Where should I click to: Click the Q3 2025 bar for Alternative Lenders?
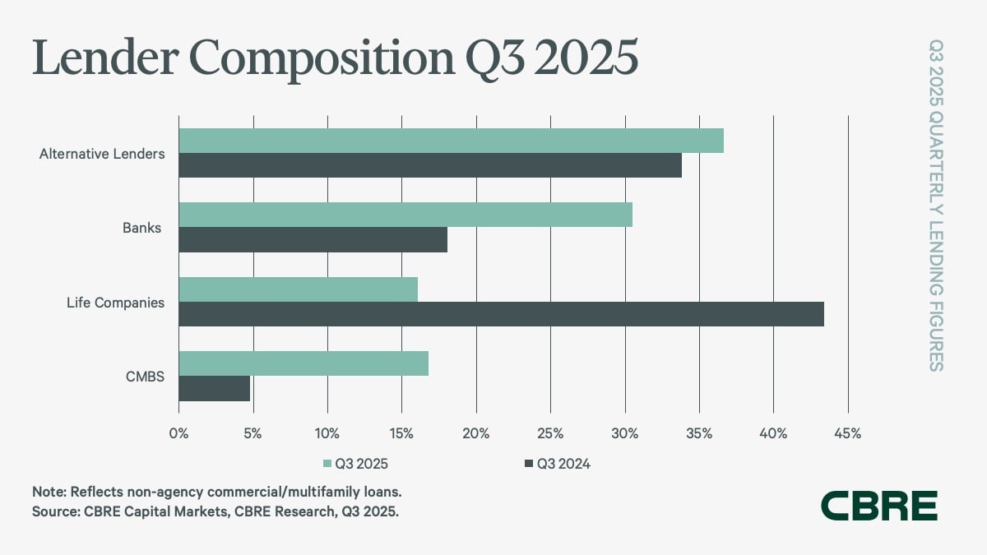coord(451,141)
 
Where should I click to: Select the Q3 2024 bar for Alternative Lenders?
coord(430,165)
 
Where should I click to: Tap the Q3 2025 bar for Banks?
coord(405,215)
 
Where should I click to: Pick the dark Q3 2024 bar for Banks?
coord(313,239)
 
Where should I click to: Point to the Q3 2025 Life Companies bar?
coord(298,289)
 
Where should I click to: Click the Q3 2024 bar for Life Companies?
coord(501,314)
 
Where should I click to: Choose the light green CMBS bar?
coord(304,363)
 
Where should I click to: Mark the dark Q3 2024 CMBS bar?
coord(214,388)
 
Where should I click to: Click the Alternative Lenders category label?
coord(102,154)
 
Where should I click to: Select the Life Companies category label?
coord(115,303)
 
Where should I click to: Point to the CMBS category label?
coord(146,377)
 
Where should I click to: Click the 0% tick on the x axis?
coord(178,433)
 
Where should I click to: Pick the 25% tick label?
coord(550,433)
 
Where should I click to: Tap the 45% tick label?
coord(847,433)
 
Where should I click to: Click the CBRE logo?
coord(879,506)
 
